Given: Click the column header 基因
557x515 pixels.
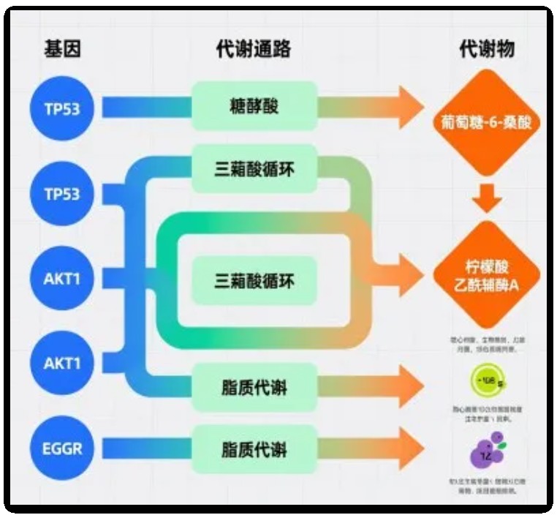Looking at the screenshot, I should click(x=62, y=49).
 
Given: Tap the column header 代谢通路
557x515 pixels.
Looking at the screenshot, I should click(x=254, y=49).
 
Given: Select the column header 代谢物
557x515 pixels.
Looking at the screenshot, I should click(x=487, y=49).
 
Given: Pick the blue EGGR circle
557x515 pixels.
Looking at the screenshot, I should click(x=62, y=447).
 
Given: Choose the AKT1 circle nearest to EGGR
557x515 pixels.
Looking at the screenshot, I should click(x=62, y=362).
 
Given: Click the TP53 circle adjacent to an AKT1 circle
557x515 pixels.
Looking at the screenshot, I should click(x=62, y=194).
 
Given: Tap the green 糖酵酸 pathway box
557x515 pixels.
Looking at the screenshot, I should click(x=254, y=108).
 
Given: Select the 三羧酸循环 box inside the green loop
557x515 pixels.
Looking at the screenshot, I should click(x=254, y=281).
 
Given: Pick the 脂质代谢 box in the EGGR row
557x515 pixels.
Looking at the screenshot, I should click(x=254, y=447).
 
